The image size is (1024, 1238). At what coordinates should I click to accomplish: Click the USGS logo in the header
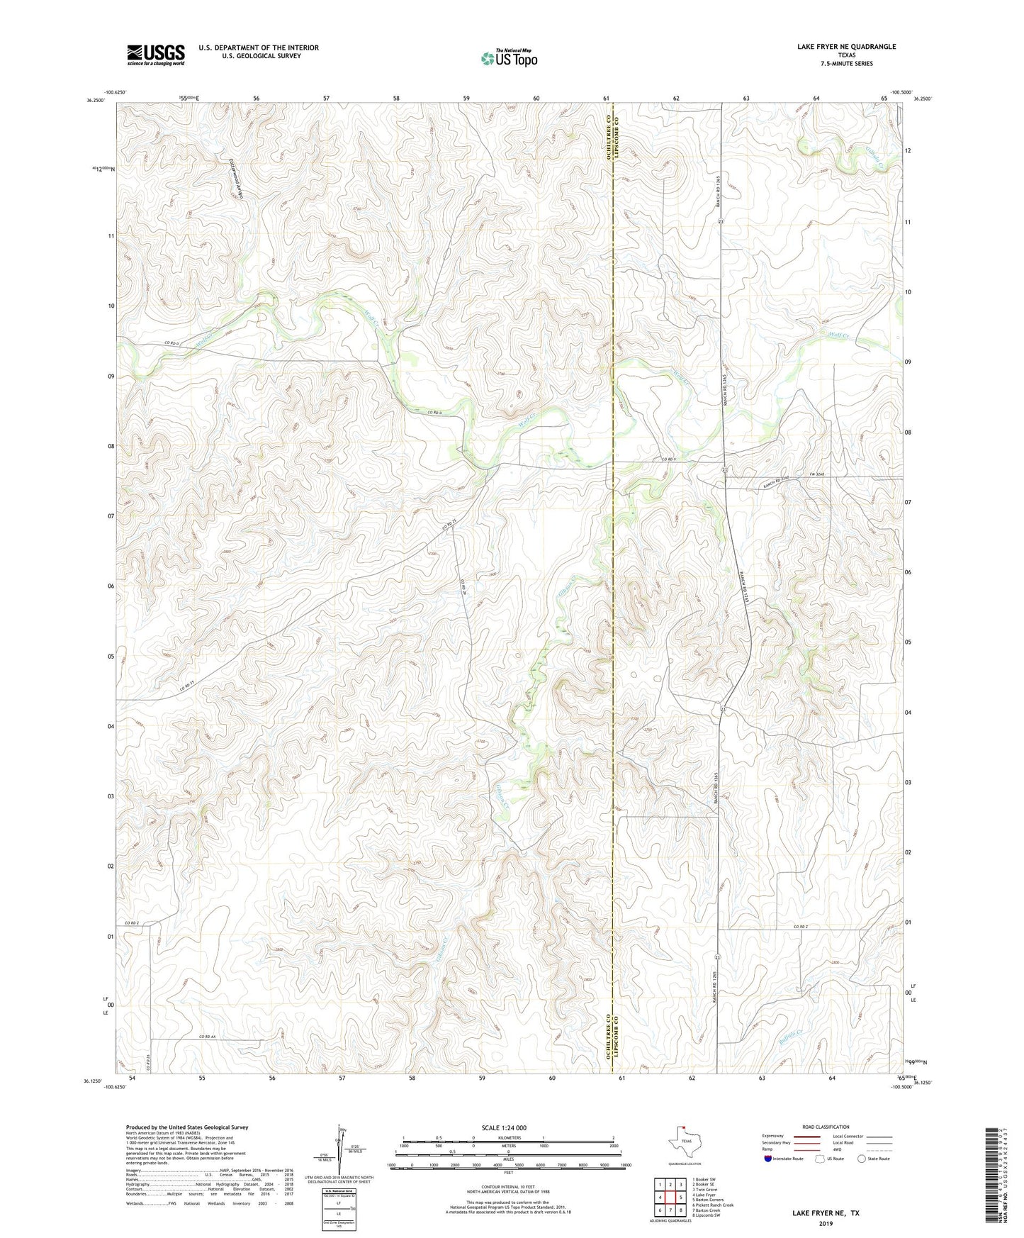coord(155,55)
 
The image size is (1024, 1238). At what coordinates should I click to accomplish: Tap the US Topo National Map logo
coord(509,57)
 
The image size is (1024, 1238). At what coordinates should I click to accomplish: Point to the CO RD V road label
coord(669,459)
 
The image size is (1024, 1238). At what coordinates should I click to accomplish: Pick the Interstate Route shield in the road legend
coord(769,1159)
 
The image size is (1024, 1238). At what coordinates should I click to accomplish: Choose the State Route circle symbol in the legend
coord(862,1159)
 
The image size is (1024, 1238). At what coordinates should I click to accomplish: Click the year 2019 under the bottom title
coord(826,1223)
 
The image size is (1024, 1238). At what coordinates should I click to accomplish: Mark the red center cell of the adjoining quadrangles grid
coord(670,1197)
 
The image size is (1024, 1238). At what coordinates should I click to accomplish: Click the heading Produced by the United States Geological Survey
coord(187,1127)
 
